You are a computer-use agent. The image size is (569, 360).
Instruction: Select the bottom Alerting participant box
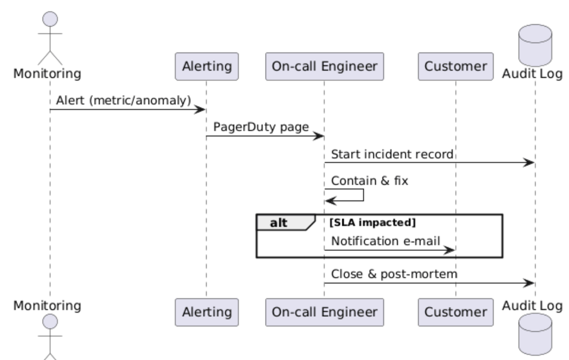tap(206, 312)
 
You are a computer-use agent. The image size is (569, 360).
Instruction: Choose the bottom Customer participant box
tap(455, 312)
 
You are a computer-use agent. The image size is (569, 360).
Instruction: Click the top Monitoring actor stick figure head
tap(49, 19)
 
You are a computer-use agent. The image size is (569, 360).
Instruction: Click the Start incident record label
tap(392, 154)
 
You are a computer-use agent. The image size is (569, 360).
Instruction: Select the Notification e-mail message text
tap(386, 241)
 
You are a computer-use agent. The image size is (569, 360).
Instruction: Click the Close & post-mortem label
tap(395, 274)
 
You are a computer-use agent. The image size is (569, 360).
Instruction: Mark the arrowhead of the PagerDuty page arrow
tap(319, 136)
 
